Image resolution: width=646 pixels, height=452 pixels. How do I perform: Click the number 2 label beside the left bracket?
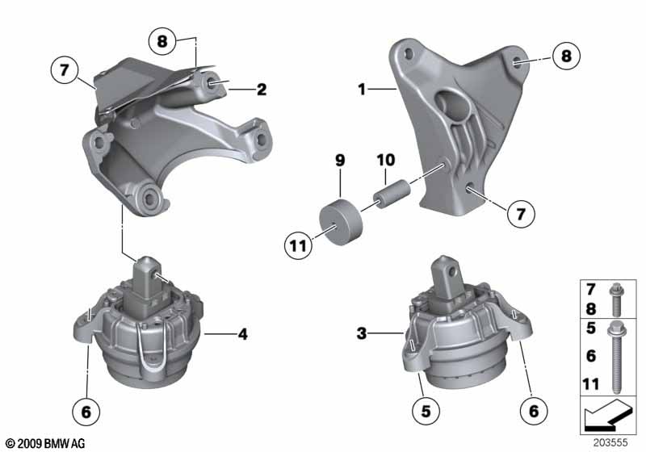(262, 90)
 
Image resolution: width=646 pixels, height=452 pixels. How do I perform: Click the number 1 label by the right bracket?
(363, 91)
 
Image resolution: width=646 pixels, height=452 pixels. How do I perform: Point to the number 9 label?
(340, 161)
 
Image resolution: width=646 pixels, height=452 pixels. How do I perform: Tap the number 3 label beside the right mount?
(363, 332)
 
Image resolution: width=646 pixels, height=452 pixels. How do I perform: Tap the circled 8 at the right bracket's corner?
(565, 56)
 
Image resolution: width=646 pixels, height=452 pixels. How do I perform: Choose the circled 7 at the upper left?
(62, 71)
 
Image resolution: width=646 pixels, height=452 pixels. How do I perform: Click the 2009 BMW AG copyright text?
(44, 443)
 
